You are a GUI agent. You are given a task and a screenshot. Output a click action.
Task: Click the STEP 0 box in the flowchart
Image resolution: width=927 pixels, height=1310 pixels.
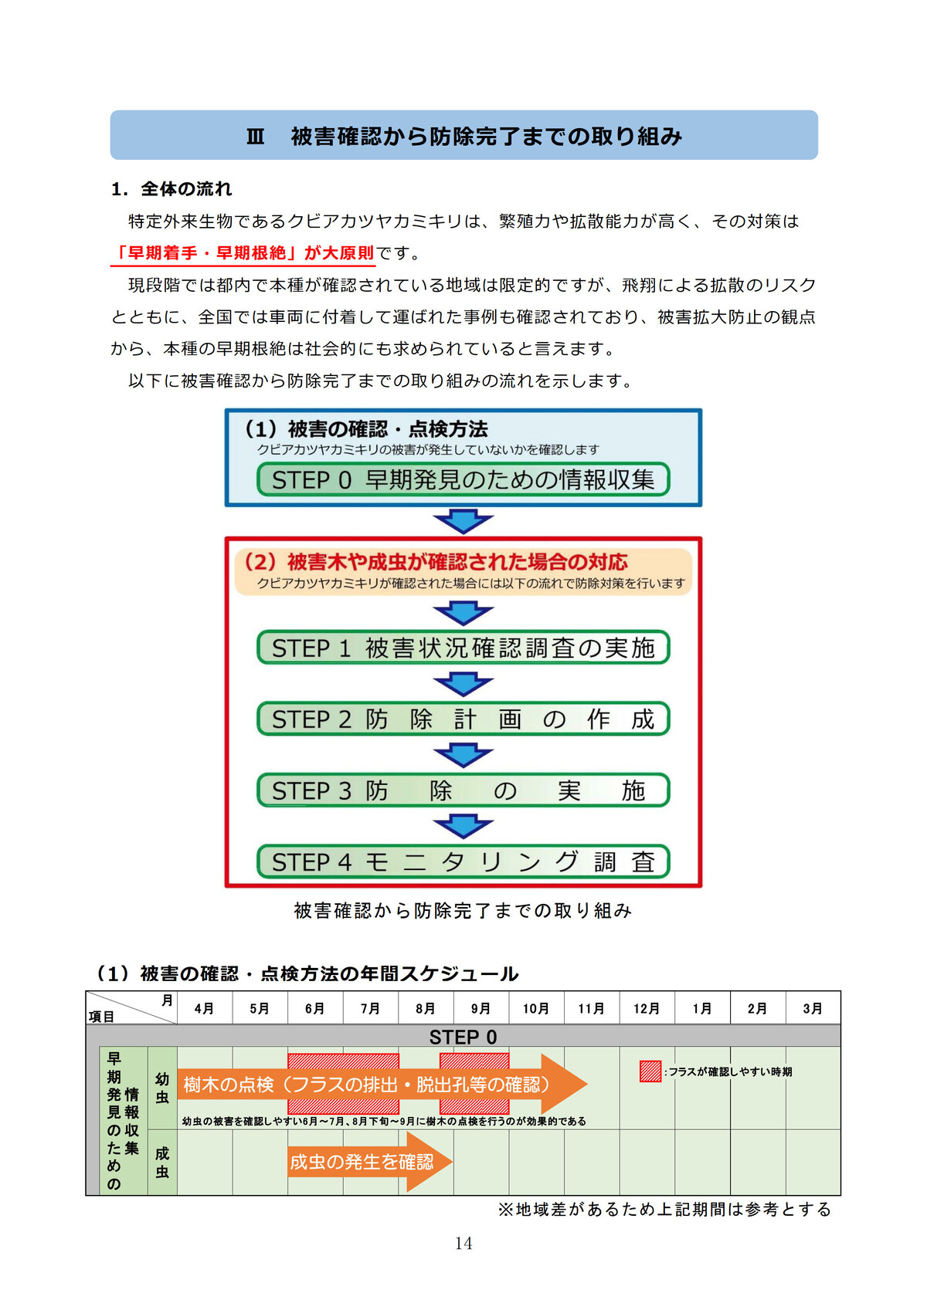[x=463, y=479]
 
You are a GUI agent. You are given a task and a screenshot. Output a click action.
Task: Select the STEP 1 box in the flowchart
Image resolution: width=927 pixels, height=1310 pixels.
[x=463, y=648]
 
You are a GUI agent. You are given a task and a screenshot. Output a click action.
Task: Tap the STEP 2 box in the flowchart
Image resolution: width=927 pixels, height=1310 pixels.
[x=463, y=719]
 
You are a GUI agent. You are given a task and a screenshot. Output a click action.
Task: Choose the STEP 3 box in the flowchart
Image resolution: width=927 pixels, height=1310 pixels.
[x=463, y=790]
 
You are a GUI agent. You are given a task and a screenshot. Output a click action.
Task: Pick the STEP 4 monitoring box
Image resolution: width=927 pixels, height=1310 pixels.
[x=463, y=861]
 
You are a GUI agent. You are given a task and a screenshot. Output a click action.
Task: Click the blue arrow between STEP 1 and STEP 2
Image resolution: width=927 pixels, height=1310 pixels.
[x=463, y=684]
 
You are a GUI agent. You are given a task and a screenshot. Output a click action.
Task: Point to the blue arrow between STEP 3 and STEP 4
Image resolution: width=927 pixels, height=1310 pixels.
[x=463, y=827]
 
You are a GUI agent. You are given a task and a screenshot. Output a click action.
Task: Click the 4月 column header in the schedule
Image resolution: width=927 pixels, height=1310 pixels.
[x=204, y=1008]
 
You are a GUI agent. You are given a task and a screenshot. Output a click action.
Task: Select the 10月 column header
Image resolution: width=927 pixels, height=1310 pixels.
[x=536, y=1008]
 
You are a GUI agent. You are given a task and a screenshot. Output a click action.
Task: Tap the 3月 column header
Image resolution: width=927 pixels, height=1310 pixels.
[x=813, y=1008]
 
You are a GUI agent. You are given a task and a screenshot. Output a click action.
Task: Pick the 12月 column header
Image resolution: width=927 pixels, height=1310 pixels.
[x=647, y=1008]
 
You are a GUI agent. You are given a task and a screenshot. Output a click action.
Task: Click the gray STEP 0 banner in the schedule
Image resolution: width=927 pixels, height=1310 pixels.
[x=463, y=1037]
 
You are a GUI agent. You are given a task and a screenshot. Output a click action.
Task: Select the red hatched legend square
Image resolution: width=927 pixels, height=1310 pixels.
[x=650, y=1071]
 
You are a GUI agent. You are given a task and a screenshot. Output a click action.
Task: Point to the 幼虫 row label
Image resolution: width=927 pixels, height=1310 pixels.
[x=162, y=1088]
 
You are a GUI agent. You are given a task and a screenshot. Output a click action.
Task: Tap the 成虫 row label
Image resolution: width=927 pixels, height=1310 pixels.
[x=162, y=1163]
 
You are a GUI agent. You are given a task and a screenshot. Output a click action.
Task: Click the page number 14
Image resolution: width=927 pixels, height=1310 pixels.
[x=463, y=1243]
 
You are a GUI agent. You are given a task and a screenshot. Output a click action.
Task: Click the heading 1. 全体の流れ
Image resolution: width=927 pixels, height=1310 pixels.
[x=171, y=189]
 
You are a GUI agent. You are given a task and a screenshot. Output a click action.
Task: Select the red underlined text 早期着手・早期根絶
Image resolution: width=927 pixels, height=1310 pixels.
[x=243, y=253]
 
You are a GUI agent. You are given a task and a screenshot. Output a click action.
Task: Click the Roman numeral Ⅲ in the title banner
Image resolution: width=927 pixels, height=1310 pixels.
[x=255, y=137]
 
